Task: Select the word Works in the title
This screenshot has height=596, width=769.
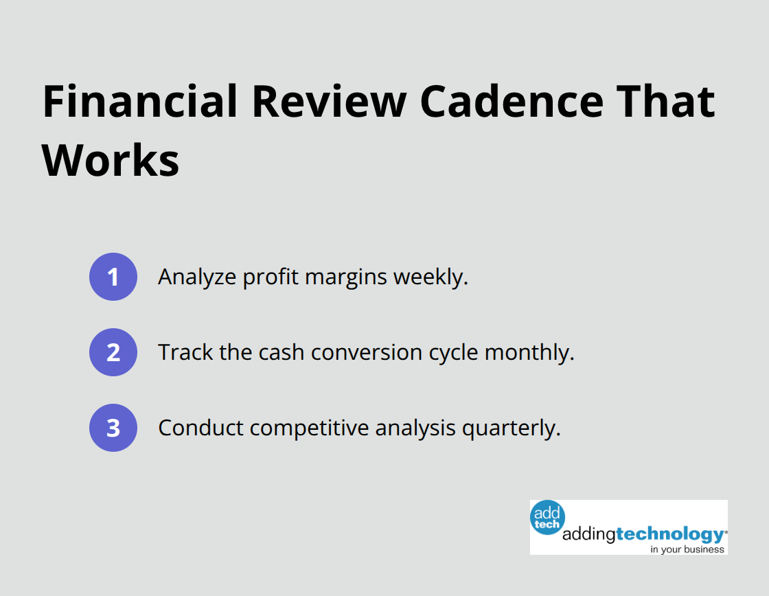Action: (111, 161)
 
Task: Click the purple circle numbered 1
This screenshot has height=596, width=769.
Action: (113, 277)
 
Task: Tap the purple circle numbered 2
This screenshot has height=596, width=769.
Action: (113, 352)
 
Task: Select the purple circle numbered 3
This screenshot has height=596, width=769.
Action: (113, 428)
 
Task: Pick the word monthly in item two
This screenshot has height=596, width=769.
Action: (529, 353)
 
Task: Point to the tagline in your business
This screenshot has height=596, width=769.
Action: (687, 549)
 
